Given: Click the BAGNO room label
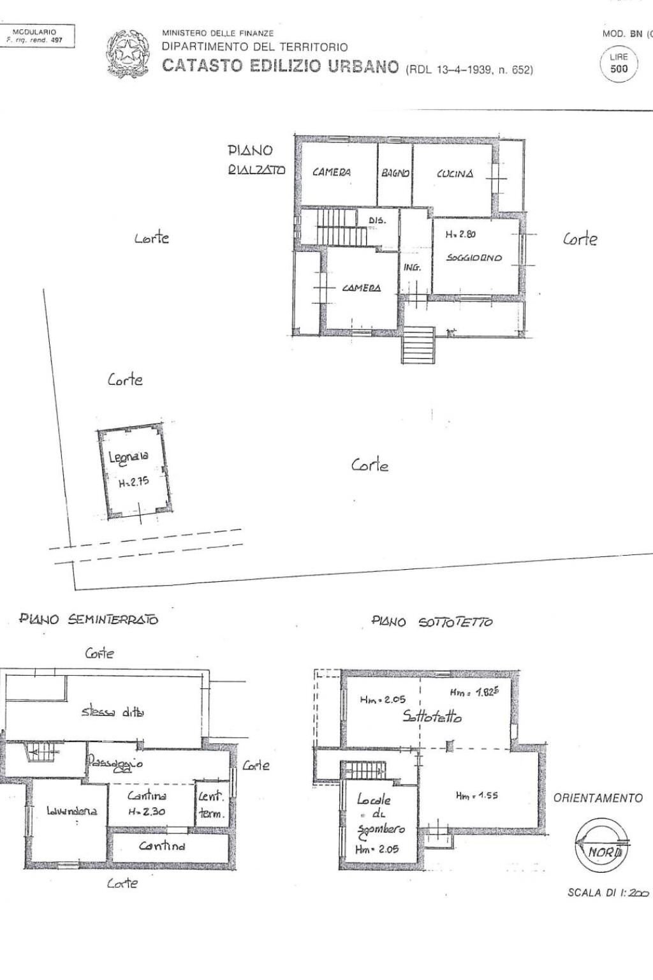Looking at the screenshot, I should [x=395, y=173].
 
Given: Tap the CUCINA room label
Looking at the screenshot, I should [x=455, y=174].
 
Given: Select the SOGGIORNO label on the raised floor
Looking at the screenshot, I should [x=474, y=258].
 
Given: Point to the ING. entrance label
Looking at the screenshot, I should [x=412, y=267].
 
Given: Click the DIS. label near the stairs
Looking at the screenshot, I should [x=378, y=220].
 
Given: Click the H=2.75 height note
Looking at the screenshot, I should [x=134, y=482].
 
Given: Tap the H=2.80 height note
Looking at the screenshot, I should [x=460, y=234].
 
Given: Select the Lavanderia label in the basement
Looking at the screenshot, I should [x=71, y=811].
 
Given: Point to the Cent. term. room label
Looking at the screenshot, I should [x=211, y=805].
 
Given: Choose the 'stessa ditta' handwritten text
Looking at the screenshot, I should [x=113, y=712].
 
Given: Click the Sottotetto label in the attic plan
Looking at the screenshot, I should [x=432, y=716].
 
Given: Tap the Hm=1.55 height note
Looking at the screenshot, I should [x=477, y=795].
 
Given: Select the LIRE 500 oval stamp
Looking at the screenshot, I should [x=619, y=63].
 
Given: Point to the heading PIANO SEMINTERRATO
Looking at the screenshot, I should [x=89, y=619].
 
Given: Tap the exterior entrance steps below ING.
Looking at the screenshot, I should [x=418, y=345].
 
